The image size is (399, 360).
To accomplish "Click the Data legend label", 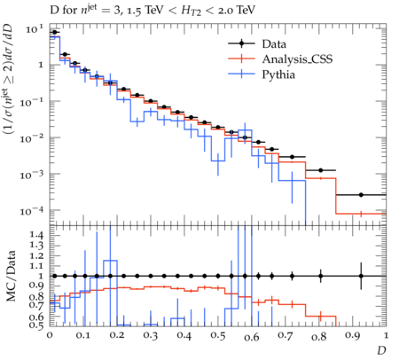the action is point(274,44).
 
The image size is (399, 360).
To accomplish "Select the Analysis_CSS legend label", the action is point(297,59).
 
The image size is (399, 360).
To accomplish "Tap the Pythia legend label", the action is point(278,74).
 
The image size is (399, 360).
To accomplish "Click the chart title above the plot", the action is point(153,11).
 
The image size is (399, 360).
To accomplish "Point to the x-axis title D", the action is point(381,350).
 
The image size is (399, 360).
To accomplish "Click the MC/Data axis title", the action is point(12,276).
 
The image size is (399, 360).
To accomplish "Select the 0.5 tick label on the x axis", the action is point(218,336).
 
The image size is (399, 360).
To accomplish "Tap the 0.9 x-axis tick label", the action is point(353,336).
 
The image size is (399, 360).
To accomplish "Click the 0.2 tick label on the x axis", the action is point(117,336).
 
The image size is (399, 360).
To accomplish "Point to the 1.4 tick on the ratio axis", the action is point(36,235).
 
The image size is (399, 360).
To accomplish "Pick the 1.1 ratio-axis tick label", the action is point(36,266).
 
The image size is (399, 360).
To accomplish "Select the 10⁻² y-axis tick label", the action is point(32,137).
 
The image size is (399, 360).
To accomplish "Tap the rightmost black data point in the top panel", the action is point(361,195).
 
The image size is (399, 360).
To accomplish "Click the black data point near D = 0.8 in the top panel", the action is point(321,170).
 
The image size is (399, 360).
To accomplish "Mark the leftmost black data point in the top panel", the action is point(54,32).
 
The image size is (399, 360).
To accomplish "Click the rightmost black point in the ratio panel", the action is point(361,276).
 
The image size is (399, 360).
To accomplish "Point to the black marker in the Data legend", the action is point(241,43).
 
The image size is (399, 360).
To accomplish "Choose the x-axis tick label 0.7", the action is point(286,336).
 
